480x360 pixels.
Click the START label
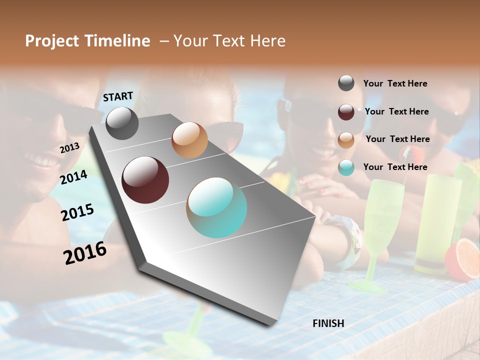pyautogui.click(x=118, y=96)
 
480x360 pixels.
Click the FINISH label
pyautogui.click(x=328, y=323)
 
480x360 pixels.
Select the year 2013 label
pyautogui.click(x=69, y=148)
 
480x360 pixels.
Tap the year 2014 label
pyautogui.click(x=74, y=177)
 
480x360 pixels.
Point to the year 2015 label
pyautogui.click(x=77, y=212)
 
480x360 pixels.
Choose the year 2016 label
pyautogui.click(x=85, y=253)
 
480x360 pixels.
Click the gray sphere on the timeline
pyautogui.click(x=122, y=123)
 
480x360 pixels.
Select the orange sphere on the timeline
pyautogui.click(x=189, y=140)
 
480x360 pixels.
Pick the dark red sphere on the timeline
pyautogui.click(x=145, y=180)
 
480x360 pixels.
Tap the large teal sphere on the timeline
pyautogui.click(x=217, y=207)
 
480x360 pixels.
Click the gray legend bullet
pyautogui.click(x=346, y=83)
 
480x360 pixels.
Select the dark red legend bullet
pyautogui.click(x=346, y=111)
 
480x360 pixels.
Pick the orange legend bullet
pyautogui.click(x=346, y=139)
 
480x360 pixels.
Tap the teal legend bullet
pyautogui.click(x=346, y=167)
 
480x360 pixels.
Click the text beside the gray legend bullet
pyautogui.click(x=395, y=84)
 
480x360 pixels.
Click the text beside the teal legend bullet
pyautogui.click(x=395, y=167)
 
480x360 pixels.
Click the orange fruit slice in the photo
pyautogui.click(x=463, y=259)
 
